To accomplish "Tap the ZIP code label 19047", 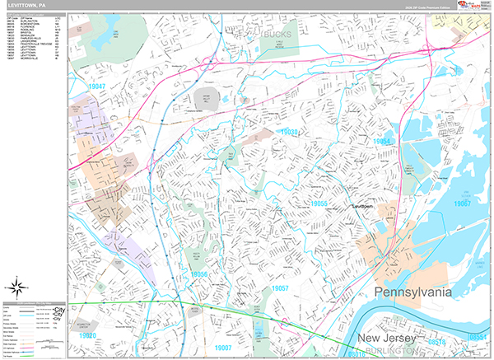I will coord(97,86).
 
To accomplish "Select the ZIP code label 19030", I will coord(291,132).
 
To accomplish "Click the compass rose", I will coord(16,288).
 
